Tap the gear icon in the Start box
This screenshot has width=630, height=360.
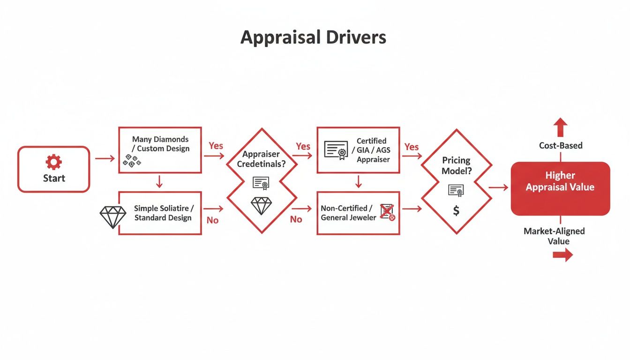pyautogui.click(x=53, y=162)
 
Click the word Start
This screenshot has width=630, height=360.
pyautogui.click(x=53, y=178)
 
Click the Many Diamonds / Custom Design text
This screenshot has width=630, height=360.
pyautogui.click(x=160, y=144)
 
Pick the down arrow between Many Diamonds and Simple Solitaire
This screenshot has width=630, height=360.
pyautogui.click(x=159, y=181)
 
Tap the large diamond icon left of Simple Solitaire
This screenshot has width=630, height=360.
pyautogui.click(x=113, y=217)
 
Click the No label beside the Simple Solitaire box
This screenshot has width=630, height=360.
pyautogui.click(x=212, y=220)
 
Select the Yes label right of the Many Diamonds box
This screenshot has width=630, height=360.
pyautogui.click(x=216, y=146)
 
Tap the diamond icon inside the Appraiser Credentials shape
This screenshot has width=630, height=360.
pyautogui.click(x=261, y=205)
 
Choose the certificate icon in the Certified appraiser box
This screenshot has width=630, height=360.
pyautogui.click(x=336, y=150)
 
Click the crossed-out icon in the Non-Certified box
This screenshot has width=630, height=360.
pyautogui.click(x=387, y=212)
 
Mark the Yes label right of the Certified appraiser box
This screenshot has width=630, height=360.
pyautogui.click(x=411, y=147)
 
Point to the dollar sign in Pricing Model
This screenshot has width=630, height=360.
pyautogui.click(x=456, y=211)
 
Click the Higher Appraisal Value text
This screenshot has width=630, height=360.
pyautogui.click(x=560, y=181)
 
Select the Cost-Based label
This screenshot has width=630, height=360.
pyautogui.click(x=561, y=146)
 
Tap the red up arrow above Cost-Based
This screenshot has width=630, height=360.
pyautogui.click(x=560, y=127)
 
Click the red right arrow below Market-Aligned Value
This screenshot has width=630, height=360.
pyautogui.click(x=562, y=255)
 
